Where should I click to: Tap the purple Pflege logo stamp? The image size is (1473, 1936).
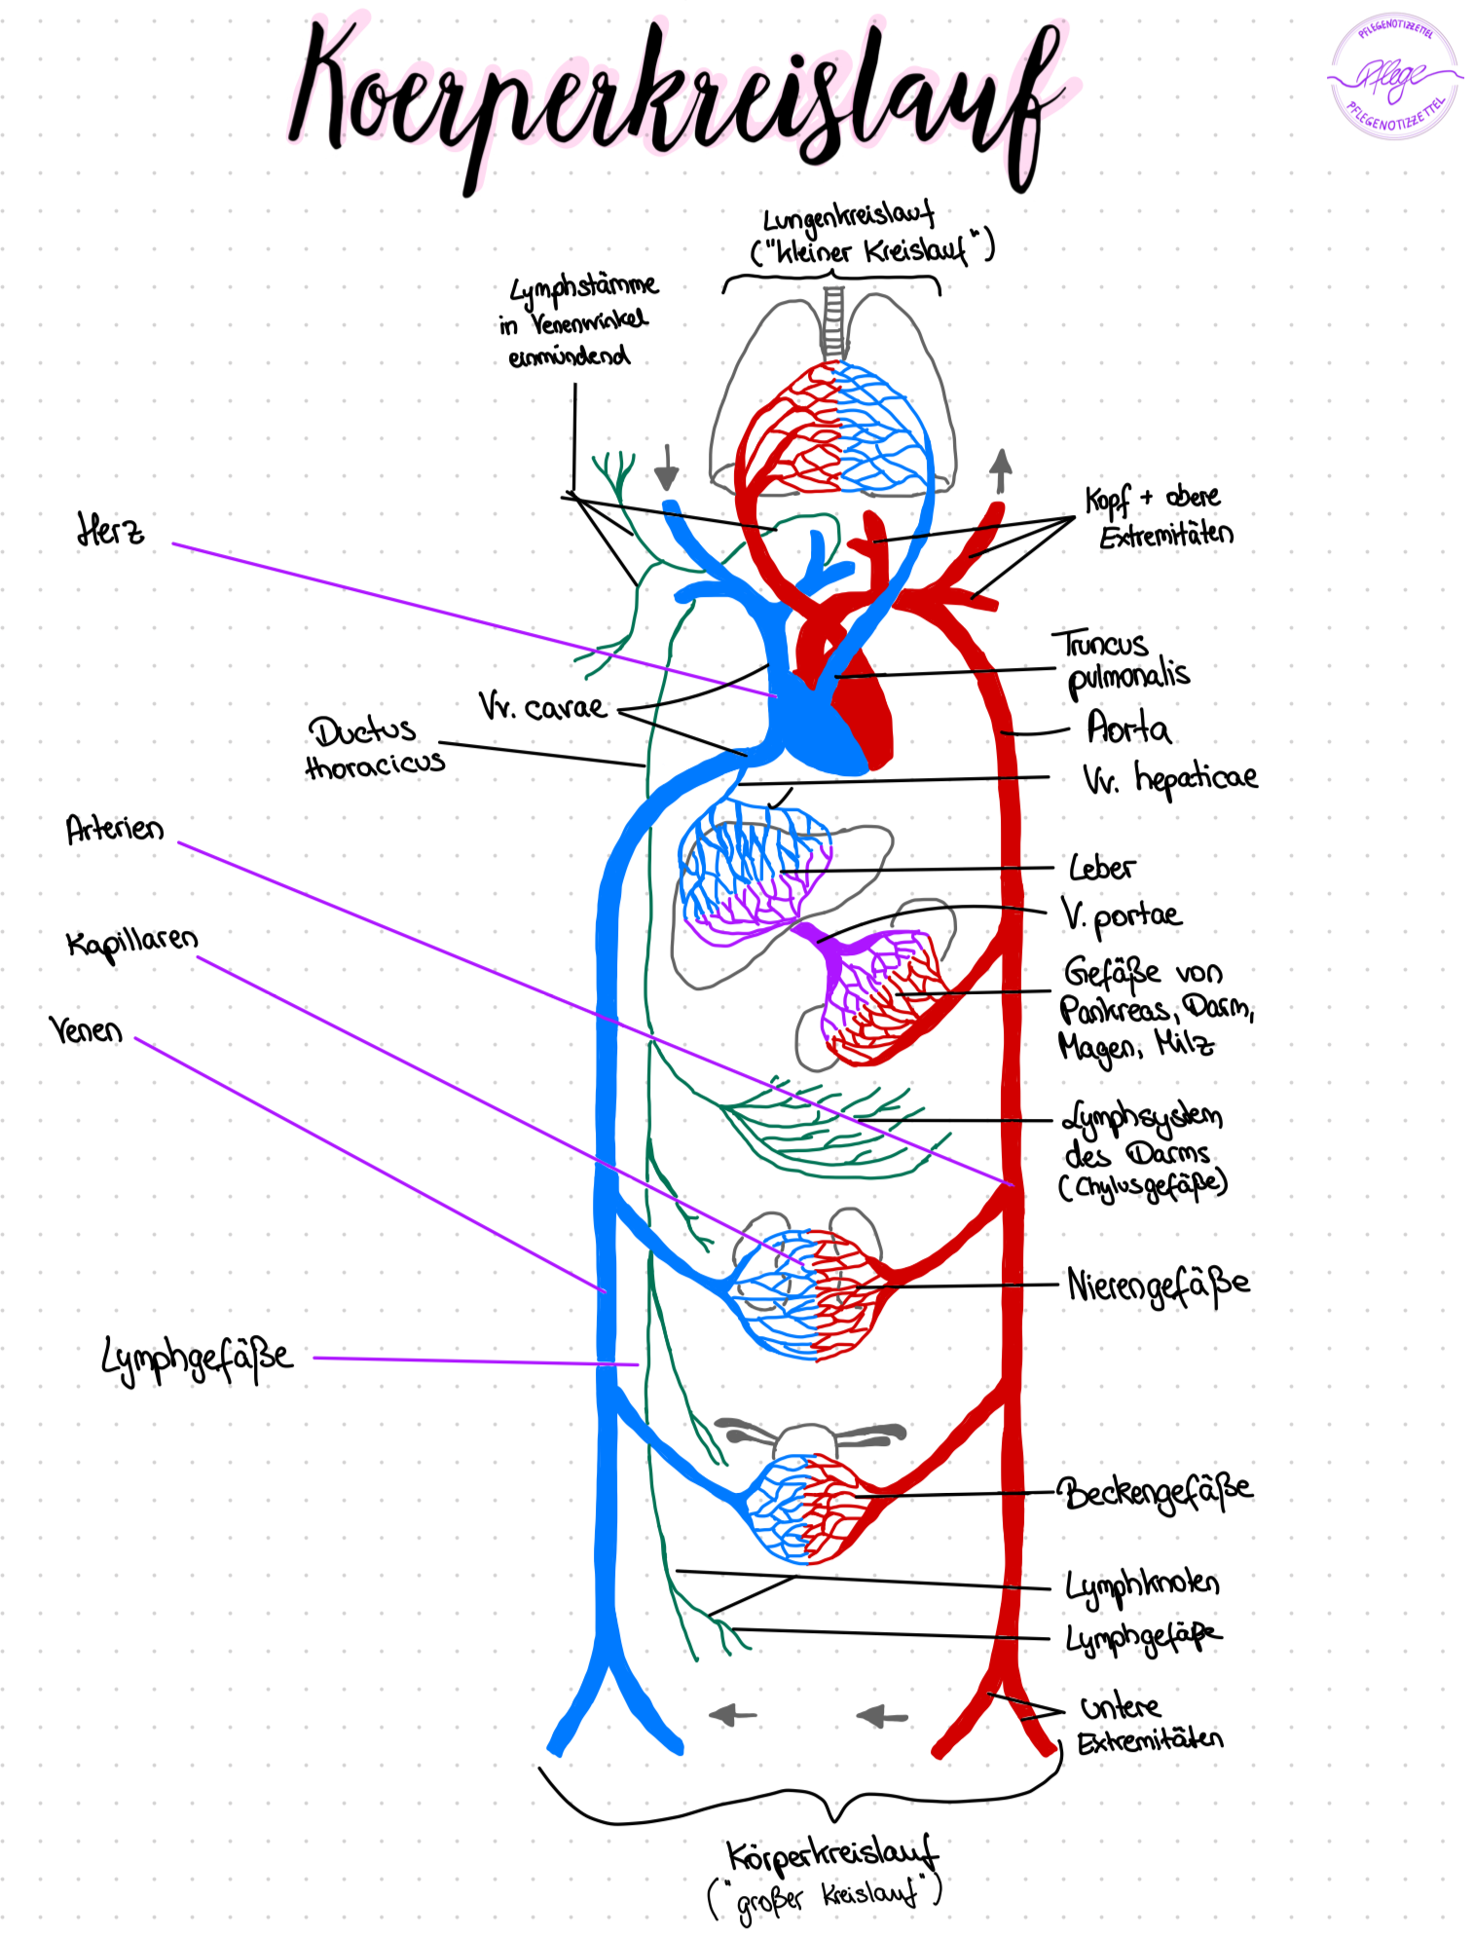tap(1395, 76)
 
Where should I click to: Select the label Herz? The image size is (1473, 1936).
tap(110, 531)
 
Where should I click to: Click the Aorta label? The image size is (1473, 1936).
tap(1127, 728)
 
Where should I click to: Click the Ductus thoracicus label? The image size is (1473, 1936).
tap(375, 748)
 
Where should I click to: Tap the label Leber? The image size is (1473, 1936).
tap(1101, 868)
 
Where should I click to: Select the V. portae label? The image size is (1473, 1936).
tap(1120, 915)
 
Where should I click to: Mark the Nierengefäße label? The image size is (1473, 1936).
tap(1158, 1285)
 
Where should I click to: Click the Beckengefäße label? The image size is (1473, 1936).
tap(1156, 1491)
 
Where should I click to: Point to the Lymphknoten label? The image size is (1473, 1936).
tap(1142, 1584)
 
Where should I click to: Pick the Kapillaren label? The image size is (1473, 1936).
tap(131, 943)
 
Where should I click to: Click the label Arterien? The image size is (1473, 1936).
tap(115, 830)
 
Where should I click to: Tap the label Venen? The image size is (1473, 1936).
tap(87, 1029)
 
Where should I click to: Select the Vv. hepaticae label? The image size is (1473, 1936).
tap(1169, 778)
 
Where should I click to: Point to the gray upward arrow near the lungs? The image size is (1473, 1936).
tap(1001, 472)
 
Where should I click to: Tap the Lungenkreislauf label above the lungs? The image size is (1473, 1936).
tap(847, 216)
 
